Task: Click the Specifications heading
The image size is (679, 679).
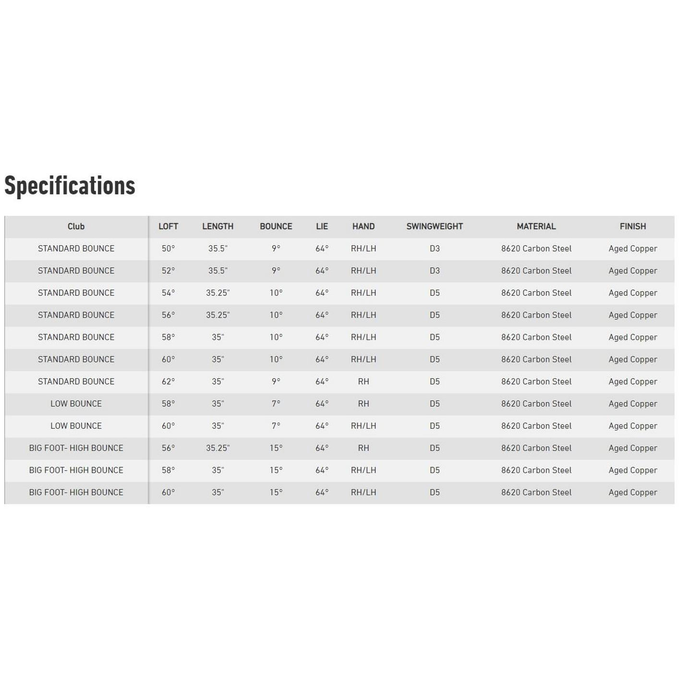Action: pyautogui.click(x=70, y=186)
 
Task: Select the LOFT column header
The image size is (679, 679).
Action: pyautogui.click(x=168, y=226)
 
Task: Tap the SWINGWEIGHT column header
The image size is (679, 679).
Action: pyautogui.click(x=435, y=226)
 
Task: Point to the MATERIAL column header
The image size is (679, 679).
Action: pyautogui.click(x=536, y=226)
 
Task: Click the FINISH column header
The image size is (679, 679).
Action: pyautogui.click(x=632, y=226)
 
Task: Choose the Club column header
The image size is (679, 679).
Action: pyautogui.click(x=76, y=226)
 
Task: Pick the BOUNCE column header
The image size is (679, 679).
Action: pyautogui.click(x=276, y=226)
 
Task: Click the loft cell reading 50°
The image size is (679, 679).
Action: pyautogui.click(x=168, y=248)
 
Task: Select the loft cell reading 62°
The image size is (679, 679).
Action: pyautogui.click(x=168, y=381)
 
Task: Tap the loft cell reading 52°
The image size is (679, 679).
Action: pyautogui.click(x=168, y=270)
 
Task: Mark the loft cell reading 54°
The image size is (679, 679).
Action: pyautogui.click(x=168, y=292)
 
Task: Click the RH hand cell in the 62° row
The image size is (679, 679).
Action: pyautogui.click(x=364, y=381)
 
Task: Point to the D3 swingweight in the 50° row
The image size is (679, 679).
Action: pyautogui.click(x=435, y=248)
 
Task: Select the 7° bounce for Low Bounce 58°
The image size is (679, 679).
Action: pyautogui.click(x=276, y=403)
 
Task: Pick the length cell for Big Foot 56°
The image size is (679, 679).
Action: pyautogui.click(x=218, y=448)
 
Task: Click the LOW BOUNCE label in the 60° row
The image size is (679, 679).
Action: pyautogui.click(x=76, y=425)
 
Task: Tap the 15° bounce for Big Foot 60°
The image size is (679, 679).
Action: pyautogui.click(x=276, y=492)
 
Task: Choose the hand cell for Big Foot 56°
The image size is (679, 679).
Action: pyautogui.click(x=364, y=448)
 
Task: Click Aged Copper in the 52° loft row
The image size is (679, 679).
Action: pyautogui.click(x=632, y=270)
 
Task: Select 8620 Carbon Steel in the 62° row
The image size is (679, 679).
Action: pyautogui.click(x=536, y=381)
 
